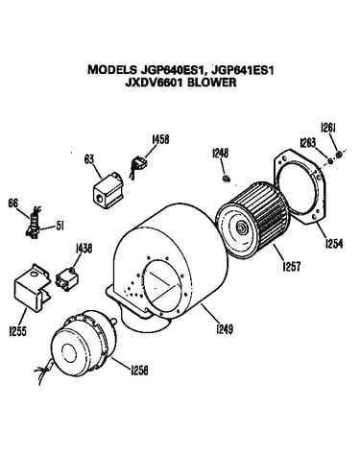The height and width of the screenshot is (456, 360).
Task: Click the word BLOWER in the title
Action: pyautogui.click(x=211, y=83)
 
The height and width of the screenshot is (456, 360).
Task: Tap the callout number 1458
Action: pyautogui.click(x=160, y=139)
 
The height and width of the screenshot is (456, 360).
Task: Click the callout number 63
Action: pyautogui.click(x=89, y=159)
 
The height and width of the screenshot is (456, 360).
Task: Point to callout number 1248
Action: pyautogui.click(x=221, y=154)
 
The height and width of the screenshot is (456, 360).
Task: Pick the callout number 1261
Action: pyautogui.click(x=328, y=128)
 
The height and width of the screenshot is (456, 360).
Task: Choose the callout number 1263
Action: pyautogui.click(x=308, y=142)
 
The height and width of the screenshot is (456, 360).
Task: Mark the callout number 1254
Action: pyautogui.click(x=334, y=244)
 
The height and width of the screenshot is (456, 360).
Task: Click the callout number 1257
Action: pyautogui.click(x=292, y=266)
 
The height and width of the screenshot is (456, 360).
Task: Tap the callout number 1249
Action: pyautogui.click(x=225, y=328)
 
